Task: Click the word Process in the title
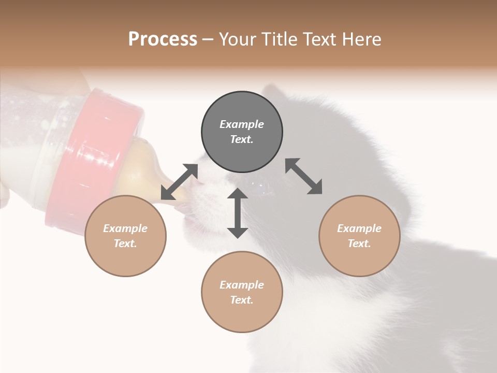163,39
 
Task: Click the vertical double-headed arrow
238,213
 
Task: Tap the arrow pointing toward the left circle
179,182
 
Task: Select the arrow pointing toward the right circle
304,176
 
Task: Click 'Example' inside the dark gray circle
242,124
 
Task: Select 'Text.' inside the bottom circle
242,300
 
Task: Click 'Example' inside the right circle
359,228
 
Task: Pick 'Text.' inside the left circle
125,243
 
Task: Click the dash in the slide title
208,39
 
